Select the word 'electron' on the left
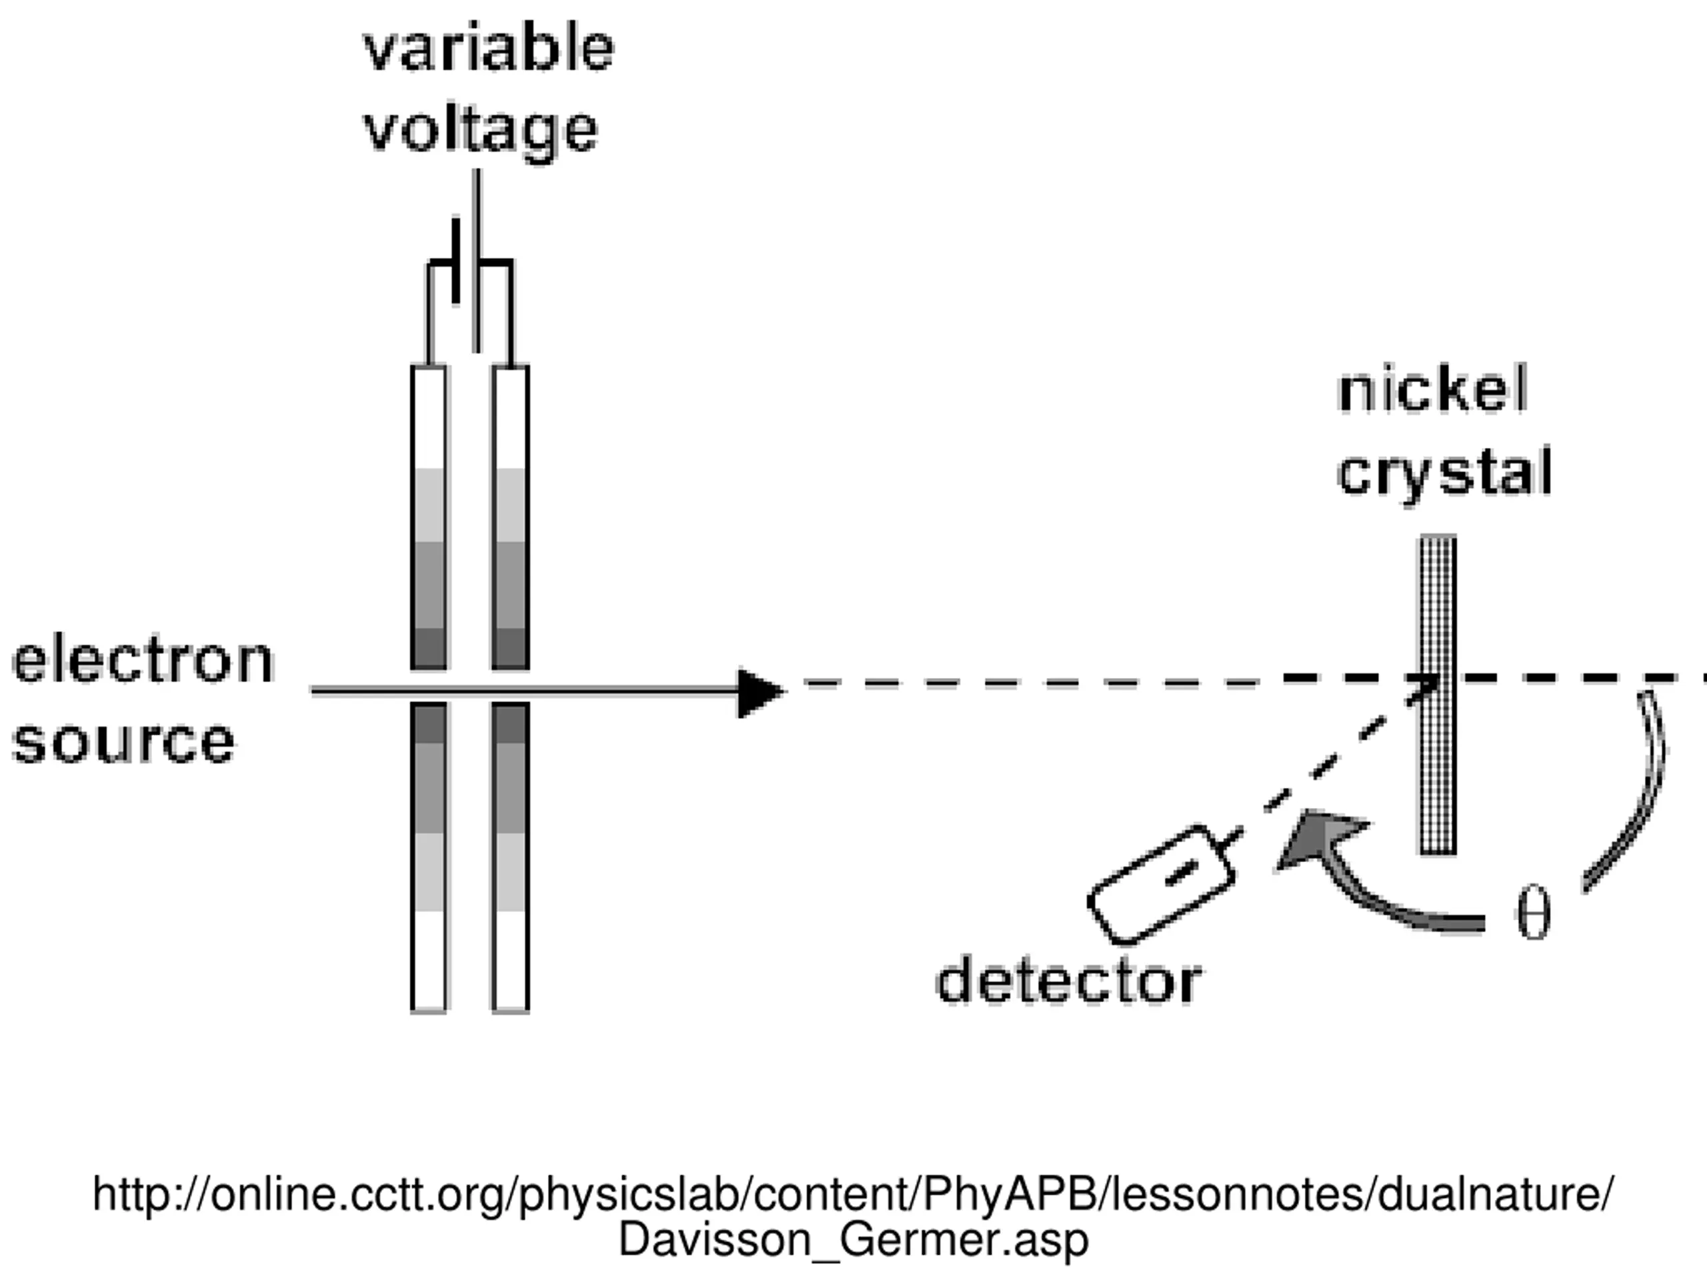[143, 661]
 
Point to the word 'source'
[123, 742]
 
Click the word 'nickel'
[1433, 391]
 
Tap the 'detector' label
[1069, 982]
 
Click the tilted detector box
[1161, 884]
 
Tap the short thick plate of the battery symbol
[456, 261]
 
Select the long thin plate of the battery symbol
[477, 261]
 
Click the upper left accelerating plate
[429, 517]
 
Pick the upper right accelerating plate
[511, 517]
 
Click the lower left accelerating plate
[429, 857]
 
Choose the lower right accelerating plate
[511, 857]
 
